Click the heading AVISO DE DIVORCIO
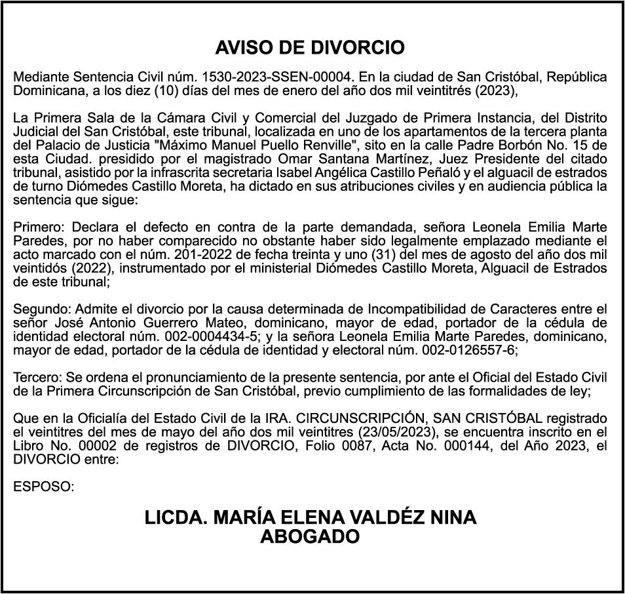(x=310, y=48)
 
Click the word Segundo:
(x=43, y=308)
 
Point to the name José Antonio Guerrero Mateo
(x=147, y=323)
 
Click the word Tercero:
(x=40, y=378)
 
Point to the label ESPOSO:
(x=43, y=487)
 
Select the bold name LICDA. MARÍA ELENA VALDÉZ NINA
(x=310, y=517)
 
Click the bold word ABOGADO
(x=310, y=536)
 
